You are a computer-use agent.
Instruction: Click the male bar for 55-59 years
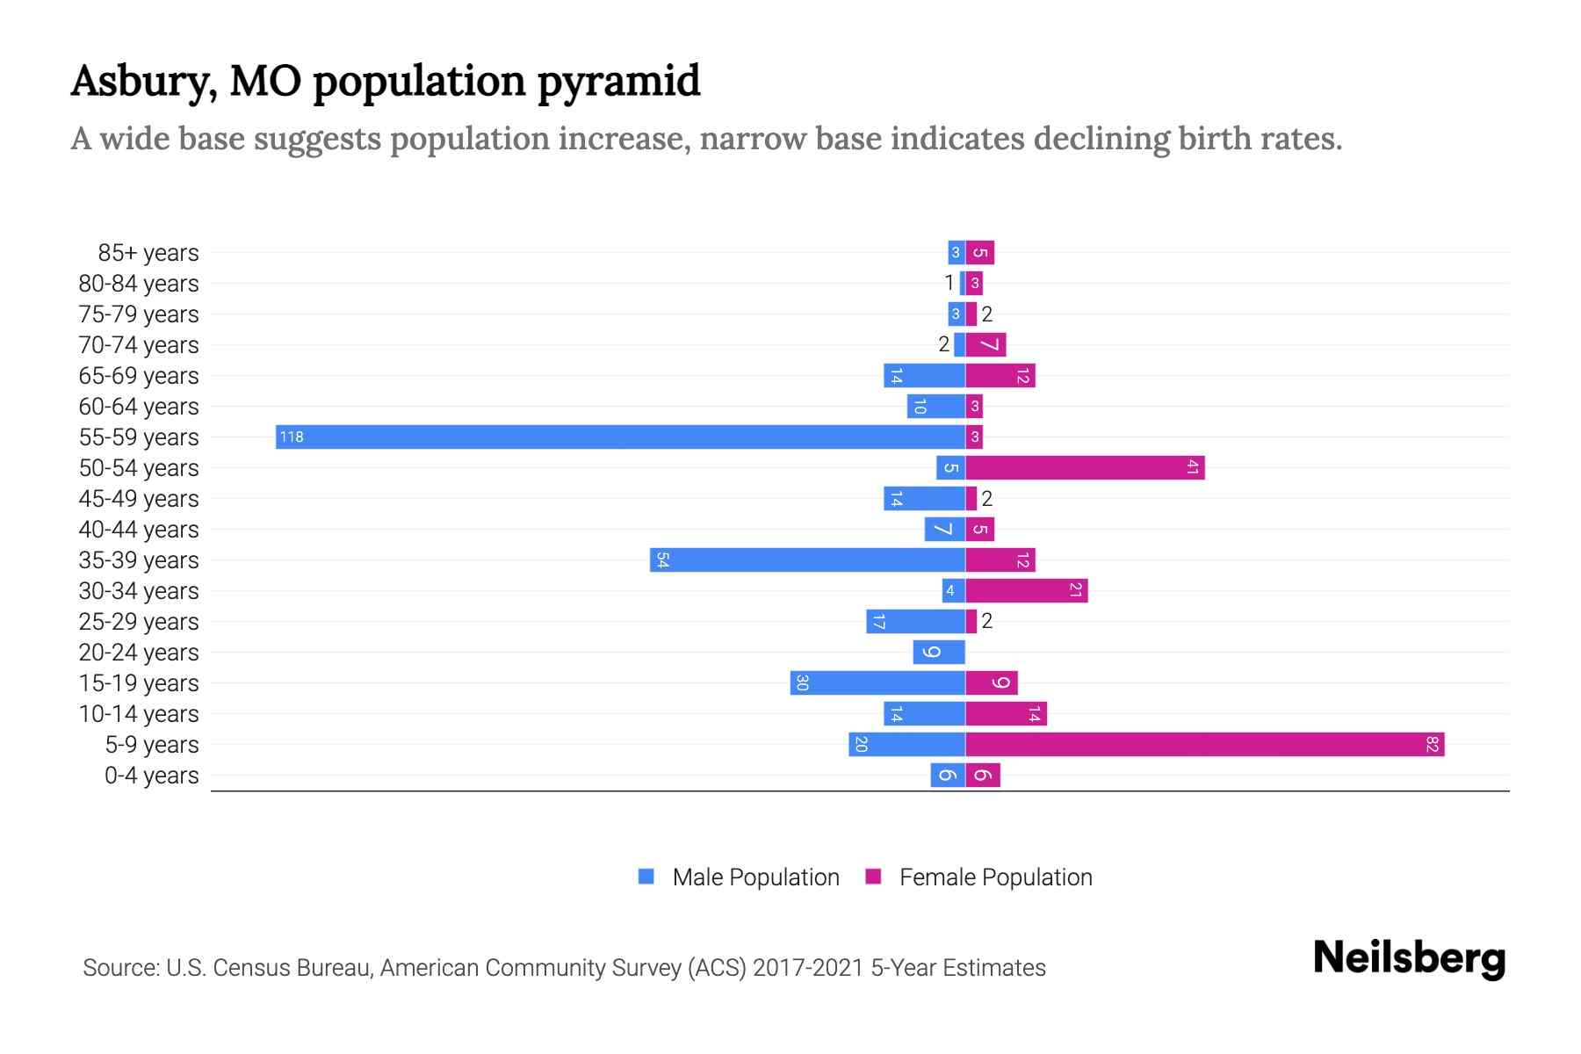click(x=620, y=437)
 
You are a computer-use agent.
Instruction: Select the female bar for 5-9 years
click(x=1204, y=744)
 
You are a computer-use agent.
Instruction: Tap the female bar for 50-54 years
click(x=1085, y=467)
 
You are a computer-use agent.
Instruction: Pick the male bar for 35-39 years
click(x=807, y=559)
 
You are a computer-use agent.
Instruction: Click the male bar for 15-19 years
click(x=877, y=682)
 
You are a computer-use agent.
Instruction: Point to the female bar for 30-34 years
click(x=1026, y=590)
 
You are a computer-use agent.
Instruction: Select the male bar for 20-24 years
click(x=939, y=652)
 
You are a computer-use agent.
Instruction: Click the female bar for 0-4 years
click(x=983, y=775)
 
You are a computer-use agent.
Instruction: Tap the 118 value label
click(x=292, y=437)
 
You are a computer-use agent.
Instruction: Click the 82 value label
click(x=1432, y=744)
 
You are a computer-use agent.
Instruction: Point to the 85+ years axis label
click(x=148, y=253)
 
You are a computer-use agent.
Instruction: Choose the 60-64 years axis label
click(x=139, y=407)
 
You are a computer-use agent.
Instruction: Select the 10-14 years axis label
click(x=139, y=714)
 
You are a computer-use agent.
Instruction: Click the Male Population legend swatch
click(x=646, y=877)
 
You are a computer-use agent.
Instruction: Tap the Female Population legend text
click(x=995, y=877)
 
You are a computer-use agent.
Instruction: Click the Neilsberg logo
click(x=1409, y=958)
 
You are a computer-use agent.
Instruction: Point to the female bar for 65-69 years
click(x=1000, y=375)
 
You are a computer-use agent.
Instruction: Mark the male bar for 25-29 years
click(x=915, y=621)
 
